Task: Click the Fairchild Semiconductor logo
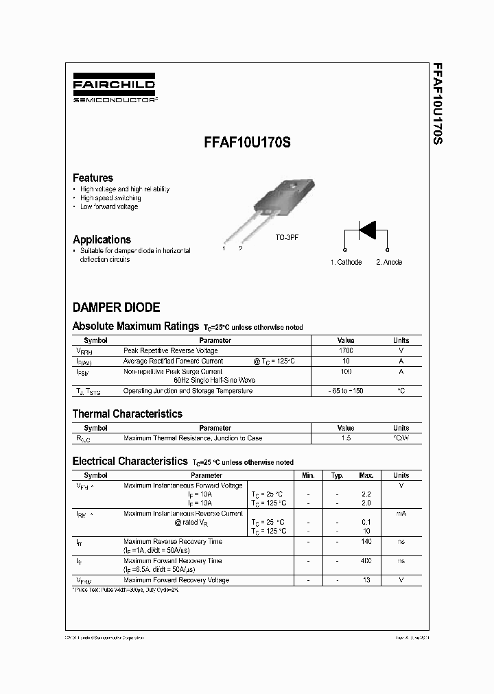pyautogui.click(x=114, y=90)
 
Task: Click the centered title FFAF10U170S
pyautogui.click(x=247, y=145)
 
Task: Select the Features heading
pyautogui.click(x=93, y=178)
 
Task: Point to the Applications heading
pyautogui.click(x=102, y=239)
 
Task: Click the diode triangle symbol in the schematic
pyautogui.click(x=368, y=230)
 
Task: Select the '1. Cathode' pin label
pyautogui.click(x=346, y=262)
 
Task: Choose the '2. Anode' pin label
pyautogui.click(x=389, y=262)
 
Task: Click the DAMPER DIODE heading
pyautogui.click(x=116, y=307)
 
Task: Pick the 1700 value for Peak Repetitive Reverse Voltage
pyautogui.click(x=346, y=350)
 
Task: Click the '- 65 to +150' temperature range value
pyautogui.click(x=346, y=391)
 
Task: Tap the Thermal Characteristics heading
pyautogui.click(x=127, y=414)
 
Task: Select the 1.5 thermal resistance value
pyautogui.click(x=346, y=438)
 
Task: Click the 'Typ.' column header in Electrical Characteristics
pyautogui.click(x=337, y=475)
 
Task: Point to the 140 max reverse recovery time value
pyautogui.click(x=366, y=542)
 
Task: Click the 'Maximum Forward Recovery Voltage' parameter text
pyautogui.click(x=176, y=580)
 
